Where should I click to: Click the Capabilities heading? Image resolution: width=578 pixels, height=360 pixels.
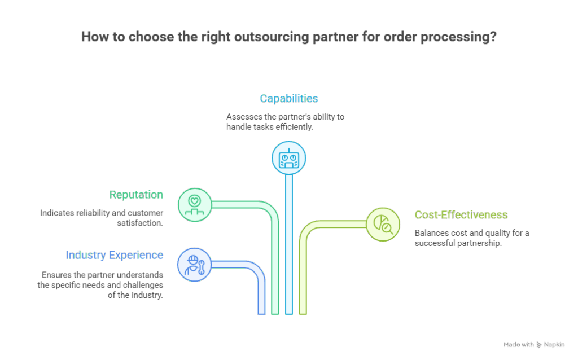pyautogui.click(x=288, y=99)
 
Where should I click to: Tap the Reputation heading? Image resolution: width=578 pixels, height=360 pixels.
pyautogui.click(x=136, y=195)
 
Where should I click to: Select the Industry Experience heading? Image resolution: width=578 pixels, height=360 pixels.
pyautogui.click(x=115, y=254)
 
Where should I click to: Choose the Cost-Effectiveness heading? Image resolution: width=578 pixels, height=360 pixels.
pyautogui.click(x=461, y=215)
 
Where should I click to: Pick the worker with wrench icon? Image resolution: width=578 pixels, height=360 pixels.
pyautogui.click(x=194, y=264)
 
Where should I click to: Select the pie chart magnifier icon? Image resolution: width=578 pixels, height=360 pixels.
pyautogui.click(x=383, y=224)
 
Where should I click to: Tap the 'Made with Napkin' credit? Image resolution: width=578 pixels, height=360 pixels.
pyautogui.click(x=533, y=344)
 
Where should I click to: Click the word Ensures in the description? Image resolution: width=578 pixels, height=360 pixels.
pyautogui.click(x=56, y=275)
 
